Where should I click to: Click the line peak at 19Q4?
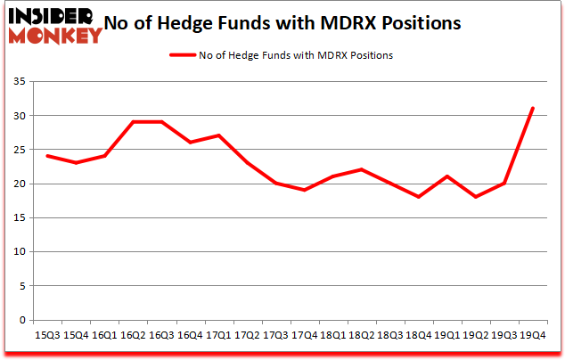[532, 109]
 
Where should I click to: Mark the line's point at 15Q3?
[47, 157]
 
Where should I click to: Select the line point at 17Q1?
[218, 135]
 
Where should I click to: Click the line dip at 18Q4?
[418, 197]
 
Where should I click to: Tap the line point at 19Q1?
[446, 176]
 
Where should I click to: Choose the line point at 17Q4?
[304, 191]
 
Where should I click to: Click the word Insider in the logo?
[53, 16]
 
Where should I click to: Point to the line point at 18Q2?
[361, 169]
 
